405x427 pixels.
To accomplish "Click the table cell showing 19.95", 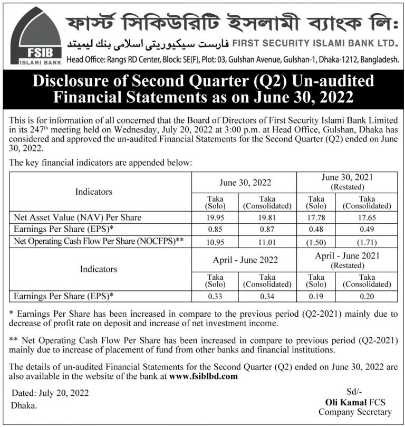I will [215, 217].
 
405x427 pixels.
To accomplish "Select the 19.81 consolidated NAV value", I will [267, 217].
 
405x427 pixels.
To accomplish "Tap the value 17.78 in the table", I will [316, 217].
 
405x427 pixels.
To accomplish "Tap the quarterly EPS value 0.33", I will [215, 296].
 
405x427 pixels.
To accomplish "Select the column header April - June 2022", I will [245, 261].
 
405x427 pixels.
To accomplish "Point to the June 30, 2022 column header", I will [245, 183].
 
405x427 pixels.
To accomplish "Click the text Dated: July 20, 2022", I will [50, 393].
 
